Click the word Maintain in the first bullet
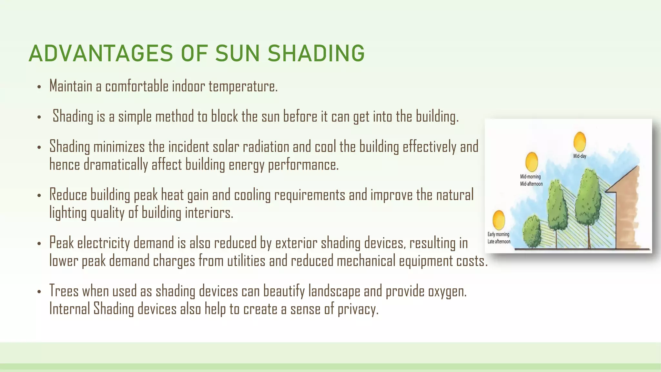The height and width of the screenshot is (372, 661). [71, 86]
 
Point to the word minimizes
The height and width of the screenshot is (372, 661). [119, 147]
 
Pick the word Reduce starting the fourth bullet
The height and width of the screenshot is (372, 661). [68, 195]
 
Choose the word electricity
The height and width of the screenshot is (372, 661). [103, 243]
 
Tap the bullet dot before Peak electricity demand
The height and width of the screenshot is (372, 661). [39, 244]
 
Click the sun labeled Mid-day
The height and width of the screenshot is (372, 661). [580, 142]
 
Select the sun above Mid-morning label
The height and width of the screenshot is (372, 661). [532, 162]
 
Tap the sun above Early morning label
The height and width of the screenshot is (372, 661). [499, 220]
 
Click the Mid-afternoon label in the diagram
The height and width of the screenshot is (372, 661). [531, 184]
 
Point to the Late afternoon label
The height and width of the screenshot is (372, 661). [499, 242]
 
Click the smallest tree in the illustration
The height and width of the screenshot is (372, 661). [531, 231]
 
